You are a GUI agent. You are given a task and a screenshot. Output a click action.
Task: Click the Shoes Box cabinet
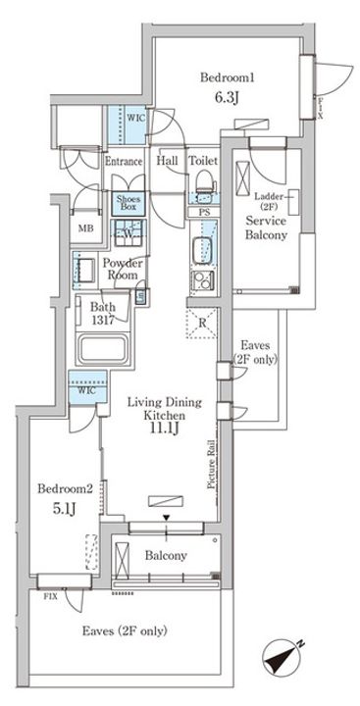coord(128,203)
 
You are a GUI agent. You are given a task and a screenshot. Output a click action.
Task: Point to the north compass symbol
coord(283,659)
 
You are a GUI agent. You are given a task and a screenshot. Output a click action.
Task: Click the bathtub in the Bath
coord(102,347)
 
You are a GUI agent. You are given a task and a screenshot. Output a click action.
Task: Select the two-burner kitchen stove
coord(203,281)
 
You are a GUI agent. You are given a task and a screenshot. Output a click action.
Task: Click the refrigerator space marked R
coord(202,324)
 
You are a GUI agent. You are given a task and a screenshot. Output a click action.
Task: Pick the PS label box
coord(203,213)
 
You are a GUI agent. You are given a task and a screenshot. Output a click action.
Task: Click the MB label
coord(85,228)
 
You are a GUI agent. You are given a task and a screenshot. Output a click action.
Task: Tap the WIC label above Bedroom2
coord(87,390)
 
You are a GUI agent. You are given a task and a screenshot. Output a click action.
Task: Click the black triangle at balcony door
coord(167,519)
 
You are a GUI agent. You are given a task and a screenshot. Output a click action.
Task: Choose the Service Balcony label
coord(266,227)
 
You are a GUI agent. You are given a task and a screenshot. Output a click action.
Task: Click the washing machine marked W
coord(129,232)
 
